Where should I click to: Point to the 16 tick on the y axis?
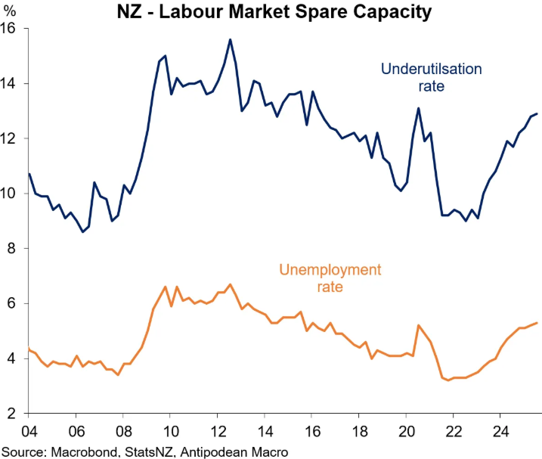point(12,29)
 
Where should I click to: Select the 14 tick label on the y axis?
point(12,83)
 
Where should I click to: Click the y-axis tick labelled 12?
point(12,138)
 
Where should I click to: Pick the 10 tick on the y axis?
point(12,194)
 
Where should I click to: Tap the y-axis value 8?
point(16,249)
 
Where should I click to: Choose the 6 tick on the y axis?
point(16,303)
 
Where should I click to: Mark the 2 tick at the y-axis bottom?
point(16,414)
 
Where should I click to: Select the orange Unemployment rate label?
point(330,278)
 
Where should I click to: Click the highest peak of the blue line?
point(230,39)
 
